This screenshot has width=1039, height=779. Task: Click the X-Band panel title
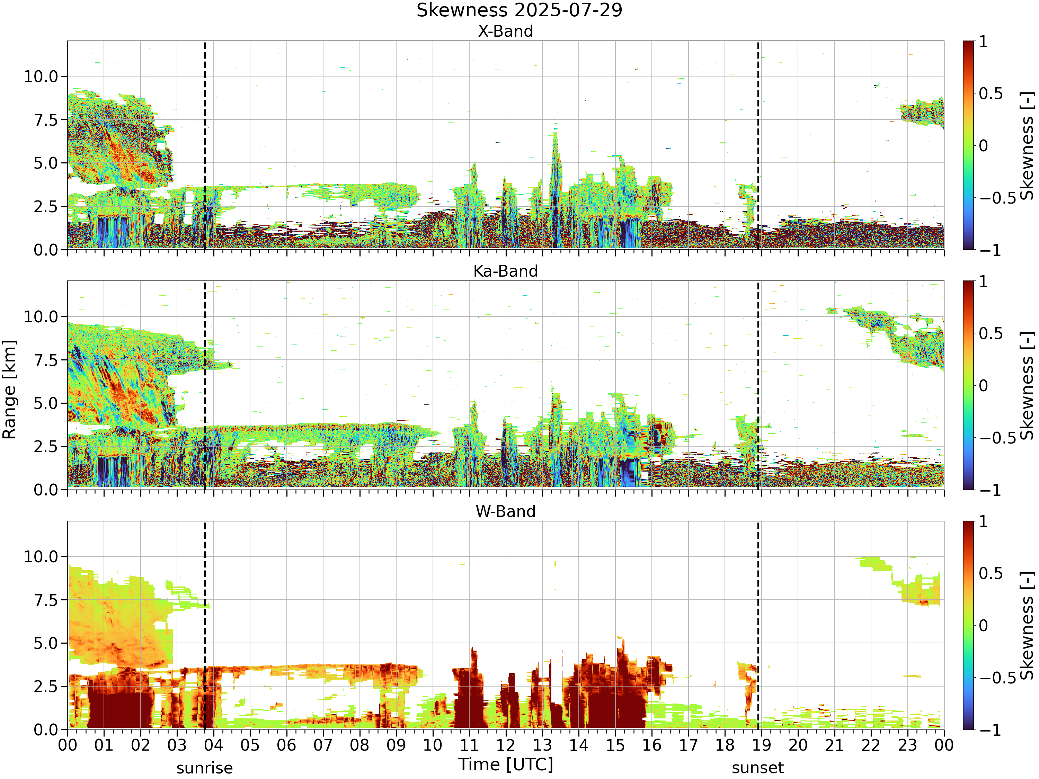click(505, 32)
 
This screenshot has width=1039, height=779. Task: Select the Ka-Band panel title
click(505, 271)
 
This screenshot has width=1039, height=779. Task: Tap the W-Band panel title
click(505, 511)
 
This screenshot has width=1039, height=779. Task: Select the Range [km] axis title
click(9, 390)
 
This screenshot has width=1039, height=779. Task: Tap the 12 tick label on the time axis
click(506, 745)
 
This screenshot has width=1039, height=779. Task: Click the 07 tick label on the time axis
click(323, 745)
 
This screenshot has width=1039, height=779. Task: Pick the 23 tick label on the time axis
click(907, 745)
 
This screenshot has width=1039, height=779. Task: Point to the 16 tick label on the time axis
click(652, 745)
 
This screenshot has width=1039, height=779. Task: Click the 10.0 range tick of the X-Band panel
click(41, 77)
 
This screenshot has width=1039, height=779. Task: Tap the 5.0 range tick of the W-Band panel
click(46, 643)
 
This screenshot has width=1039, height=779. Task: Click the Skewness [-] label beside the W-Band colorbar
click(1027, 626)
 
